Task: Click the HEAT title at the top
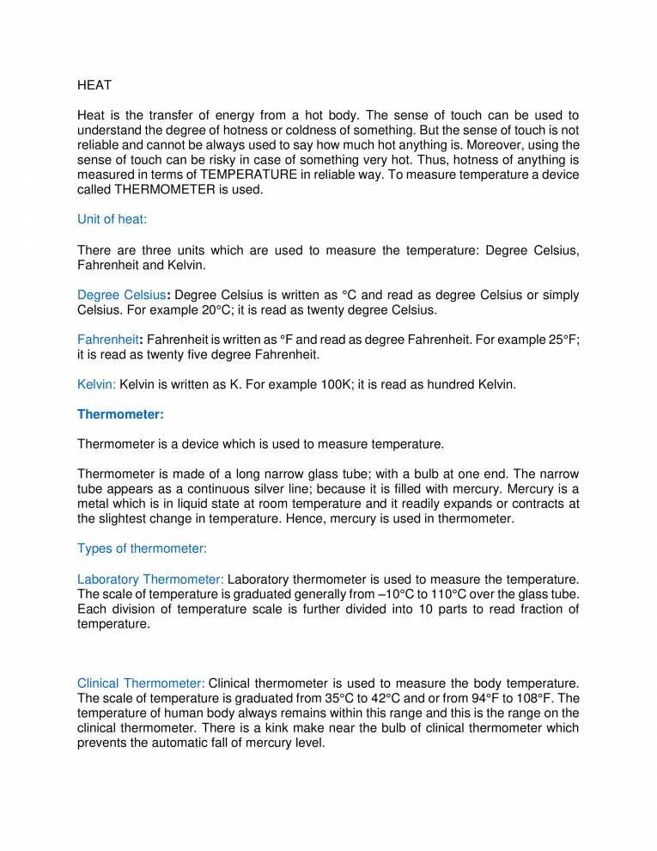point(94,85)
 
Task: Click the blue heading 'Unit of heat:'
point(113,219)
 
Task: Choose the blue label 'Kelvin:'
point(97,384)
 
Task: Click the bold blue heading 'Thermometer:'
point(120,413)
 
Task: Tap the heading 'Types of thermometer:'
point(143,548)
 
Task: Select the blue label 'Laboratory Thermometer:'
point(151,579)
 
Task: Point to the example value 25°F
point(563,340)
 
